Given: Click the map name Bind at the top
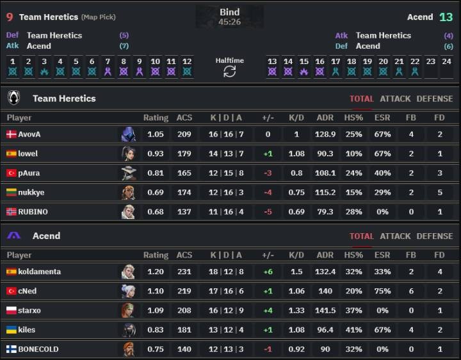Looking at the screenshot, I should pos(229,12).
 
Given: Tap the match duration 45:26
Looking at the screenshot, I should pos(229,22).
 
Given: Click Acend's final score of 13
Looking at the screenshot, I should pos(446,17).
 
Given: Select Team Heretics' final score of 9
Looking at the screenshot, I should pos(9,17).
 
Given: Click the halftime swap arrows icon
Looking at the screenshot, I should pos(229,72).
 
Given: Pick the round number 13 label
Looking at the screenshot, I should pos(272,61).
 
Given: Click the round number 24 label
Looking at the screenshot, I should pos(446,61).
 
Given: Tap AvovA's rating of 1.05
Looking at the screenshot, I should pos(156,135).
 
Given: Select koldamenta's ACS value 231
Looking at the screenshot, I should pos(184,272).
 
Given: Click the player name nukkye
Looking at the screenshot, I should pos(31,192).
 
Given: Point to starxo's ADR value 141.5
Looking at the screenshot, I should pos(325,310).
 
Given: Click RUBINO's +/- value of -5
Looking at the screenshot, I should pos(268,211).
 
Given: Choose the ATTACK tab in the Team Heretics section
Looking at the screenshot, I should pos(395,99).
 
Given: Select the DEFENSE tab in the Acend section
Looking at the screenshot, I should pos(434,236).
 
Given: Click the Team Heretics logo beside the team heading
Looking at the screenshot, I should pos(13,98).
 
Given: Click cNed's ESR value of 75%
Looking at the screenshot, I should pos(382,291).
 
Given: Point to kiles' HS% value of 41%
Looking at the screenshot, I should pos(353,329).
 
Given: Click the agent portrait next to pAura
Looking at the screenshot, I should pos(128,173).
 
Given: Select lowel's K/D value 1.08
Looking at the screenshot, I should pos(296,154).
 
